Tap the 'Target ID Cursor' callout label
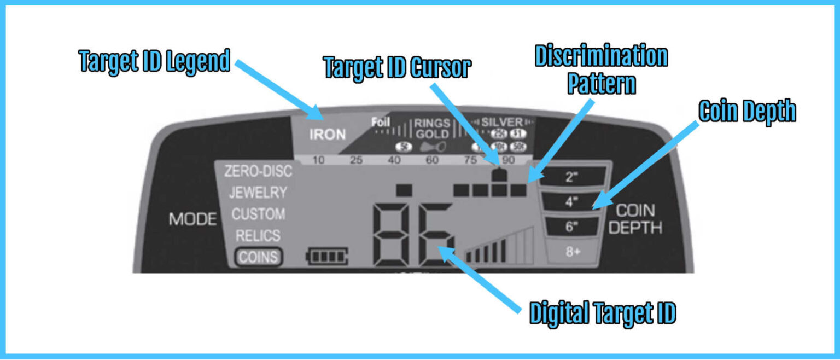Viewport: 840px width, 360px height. (397, 68)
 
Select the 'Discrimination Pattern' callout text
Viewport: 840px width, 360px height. (601, 71)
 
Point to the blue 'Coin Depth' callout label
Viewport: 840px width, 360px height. (747, 112)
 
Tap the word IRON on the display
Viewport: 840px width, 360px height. (328, 135)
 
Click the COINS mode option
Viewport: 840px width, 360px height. (259, 257)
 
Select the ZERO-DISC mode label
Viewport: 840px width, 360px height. (259, 171)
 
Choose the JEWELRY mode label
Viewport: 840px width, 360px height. (258, 193)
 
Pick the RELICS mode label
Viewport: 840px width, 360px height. (258, 236)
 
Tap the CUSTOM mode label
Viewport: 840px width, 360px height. (258, 214)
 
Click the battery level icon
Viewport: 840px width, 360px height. (327, 256)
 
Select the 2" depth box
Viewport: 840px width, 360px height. (572, 177)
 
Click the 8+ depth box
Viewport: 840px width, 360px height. (572, 253)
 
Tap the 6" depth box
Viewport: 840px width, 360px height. (572, 227)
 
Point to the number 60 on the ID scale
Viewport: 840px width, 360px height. (432, 160)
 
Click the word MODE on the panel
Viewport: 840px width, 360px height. (192, 219)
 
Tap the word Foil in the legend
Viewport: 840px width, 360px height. (381, 122)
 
